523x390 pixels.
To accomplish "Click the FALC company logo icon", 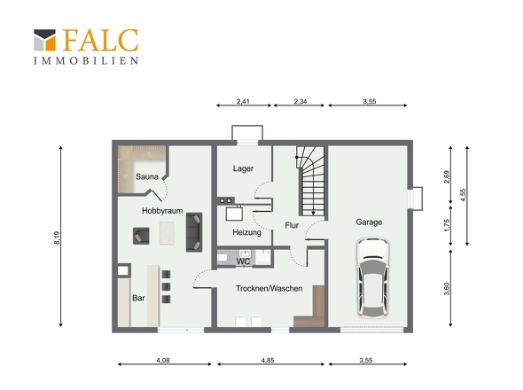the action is pyautogui.click(x=44, y=40).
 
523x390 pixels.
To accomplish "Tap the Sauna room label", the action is pyautogui.click(x=147, y=176).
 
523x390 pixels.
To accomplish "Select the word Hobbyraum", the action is pyautogui.click(x=162, y=211).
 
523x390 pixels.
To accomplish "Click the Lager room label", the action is pyautogui.click(x=243, y=168).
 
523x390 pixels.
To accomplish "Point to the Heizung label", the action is pyautogui.click(x=246, y=232).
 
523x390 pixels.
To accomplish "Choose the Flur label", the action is pyautogui.click(x=292, y=225).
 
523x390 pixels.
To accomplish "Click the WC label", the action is pyautogui.click(x=243, y=261).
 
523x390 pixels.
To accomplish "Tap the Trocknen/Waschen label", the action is pyautogui.click(x=269, y=288).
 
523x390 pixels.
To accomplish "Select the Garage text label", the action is pyautogui.click(x=369, y=222).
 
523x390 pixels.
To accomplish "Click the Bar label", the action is pyautogui.click(x=138, y=298).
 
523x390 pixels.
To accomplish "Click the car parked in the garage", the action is pyautogui.click(x=372, y=277).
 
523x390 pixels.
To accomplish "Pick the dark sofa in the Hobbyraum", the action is pyautogui.click(x=194, y=232).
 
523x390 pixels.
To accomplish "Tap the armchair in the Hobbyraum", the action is pyautogui.click(x=141, y=236).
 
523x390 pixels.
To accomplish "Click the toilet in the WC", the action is pyautogui.click(x=222, y=258).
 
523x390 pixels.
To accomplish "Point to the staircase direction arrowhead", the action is pyautogui.click(x=313, y=214).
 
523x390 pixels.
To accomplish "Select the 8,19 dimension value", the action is pyautogui.click(x=57, y=238).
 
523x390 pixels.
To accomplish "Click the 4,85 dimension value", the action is pyautogui.click(x=268, y=361).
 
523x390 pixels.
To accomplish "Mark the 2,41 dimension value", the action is pyautogui.click(x=243, y=101).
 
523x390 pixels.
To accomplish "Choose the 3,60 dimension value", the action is pyautogui.click(x=447, y=289).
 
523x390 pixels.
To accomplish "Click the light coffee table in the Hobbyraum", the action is pyautogui.click(x=168, y=233).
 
